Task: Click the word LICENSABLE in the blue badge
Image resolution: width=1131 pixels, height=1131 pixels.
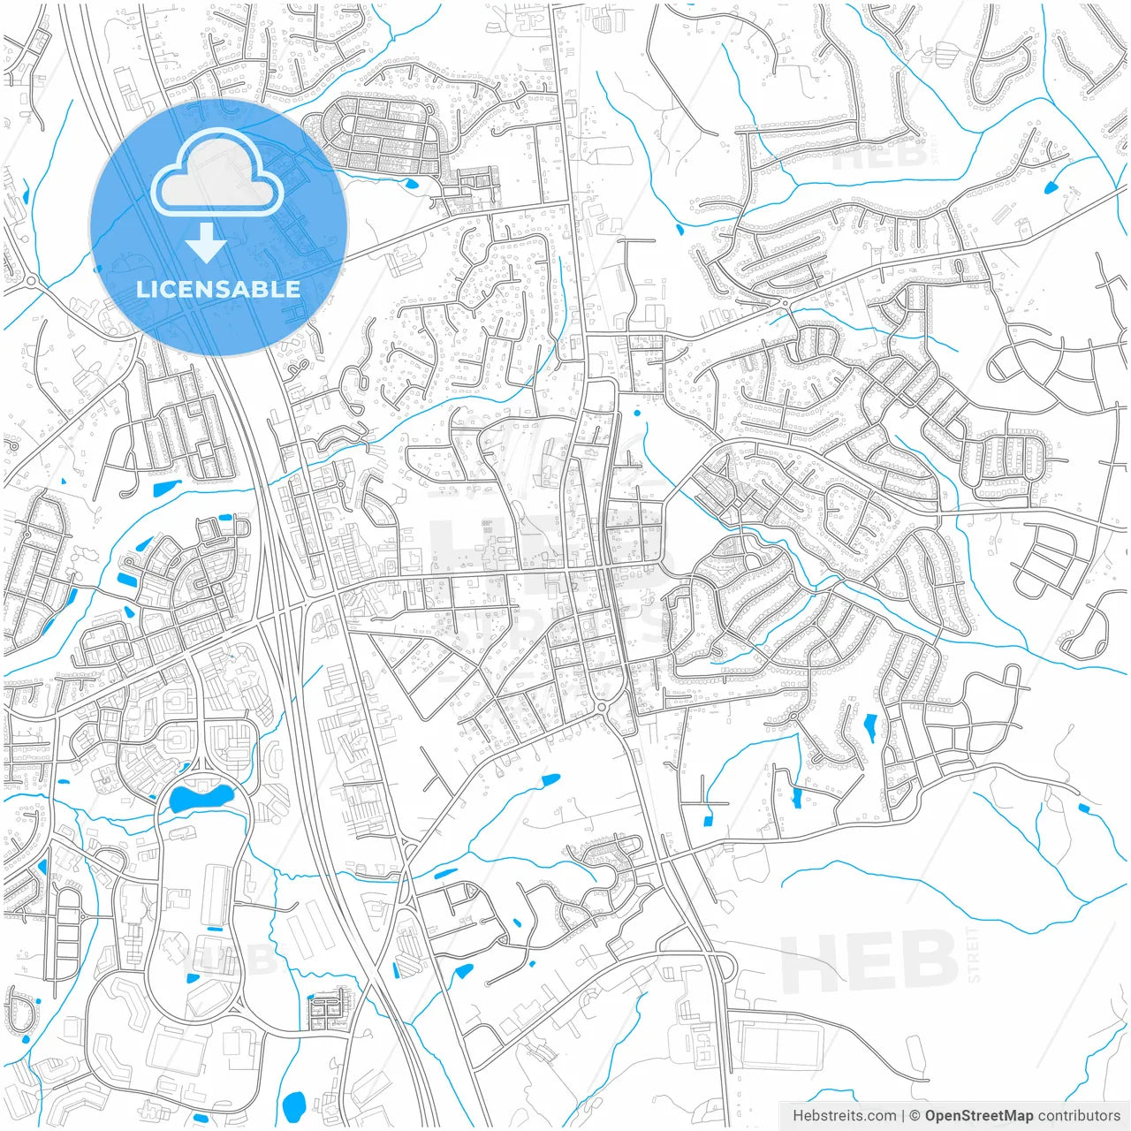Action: (x=218, y=289)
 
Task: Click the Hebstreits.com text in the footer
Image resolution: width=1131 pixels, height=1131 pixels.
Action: (x=844, y=1116)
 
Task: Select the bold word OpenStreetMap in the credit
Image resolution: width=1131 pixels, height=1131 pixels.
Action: (x=979, y=1116)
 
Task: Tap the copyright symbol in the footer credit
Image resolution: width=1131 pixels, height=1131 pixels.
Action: (x=915, y=1116)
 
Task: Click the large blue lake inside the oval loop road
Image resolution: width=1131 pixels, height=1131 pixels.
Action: (x=201, y=799)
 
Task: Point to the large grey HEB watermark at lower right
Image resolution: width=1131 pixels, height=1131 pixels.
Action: (x=869, y=962)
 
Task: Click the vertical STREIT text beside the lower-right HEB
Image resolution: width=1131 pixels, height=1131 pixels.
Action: (x=974, y=955)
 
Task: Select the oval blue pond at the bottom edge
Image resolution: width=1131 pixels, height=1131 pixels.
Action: (x=293, y=1104)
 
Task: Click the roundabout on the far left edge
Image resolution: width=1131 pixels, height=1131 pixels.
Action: (x=31, y=282)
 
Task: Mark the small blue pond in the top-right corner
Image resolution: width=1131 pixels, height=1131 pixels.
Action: (x=1051, y=187)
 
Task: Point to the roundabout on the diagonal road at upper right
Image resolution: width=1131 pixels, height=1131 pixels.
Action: (x=785, y=303)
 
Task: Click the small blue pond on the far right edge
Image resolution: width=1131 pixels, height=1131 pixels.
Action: (x=1084, y=808)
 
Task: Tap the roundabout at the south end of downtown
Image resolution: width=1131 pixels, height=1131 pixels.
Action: (x=603, y=707)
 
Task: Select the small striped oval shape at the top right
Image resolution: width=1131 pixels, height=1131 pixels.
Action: (x=945, y=56)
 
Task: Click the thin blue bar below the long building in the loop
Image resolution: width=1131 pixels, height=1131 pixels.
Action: (x=215, y=929)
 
